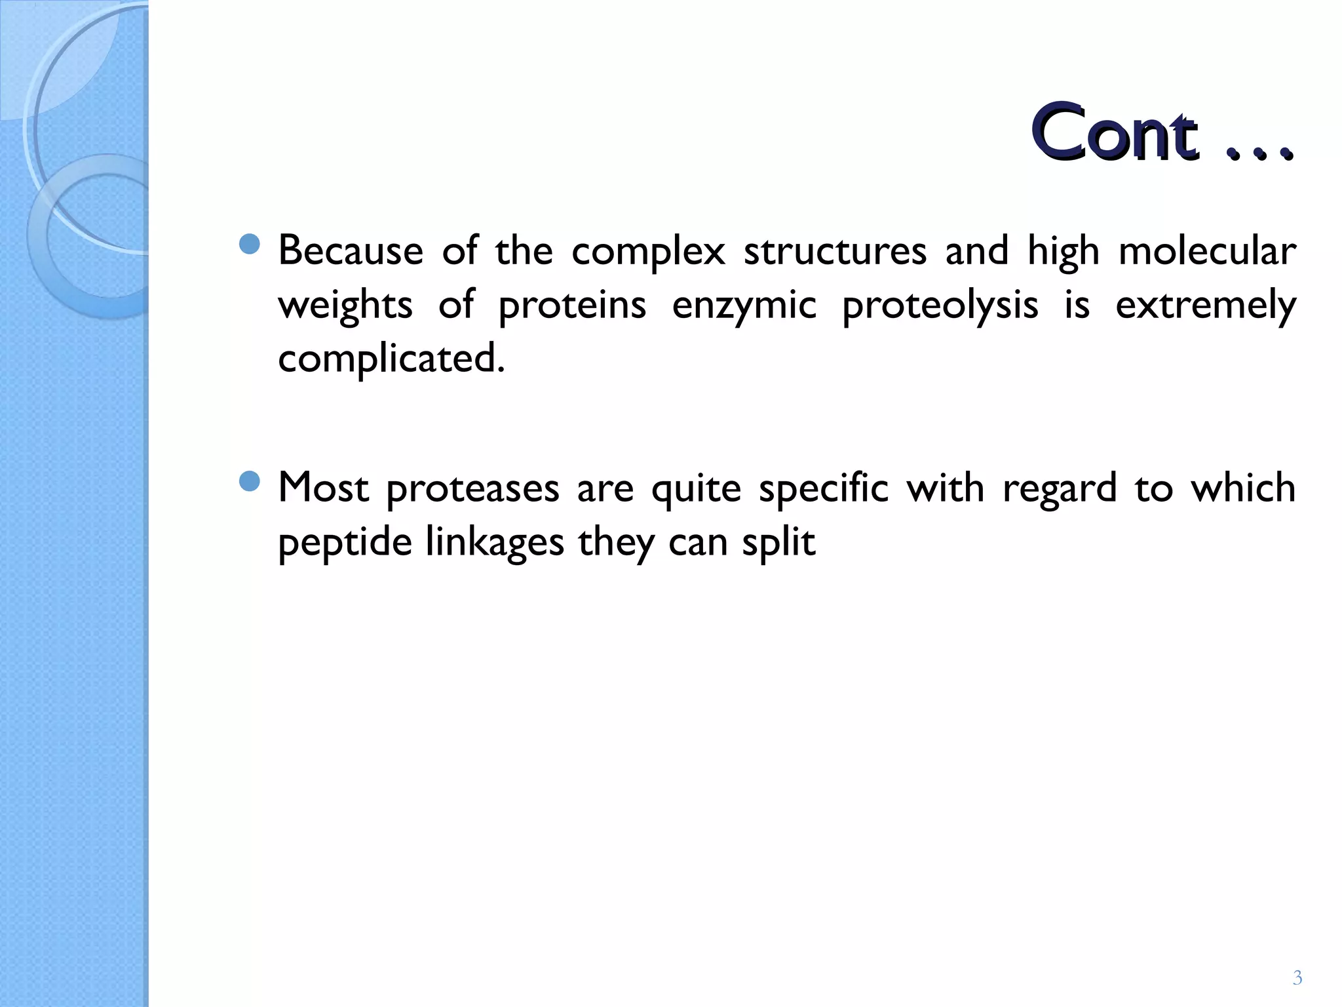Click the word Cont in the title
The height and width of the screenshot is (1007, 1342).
(1114, 133)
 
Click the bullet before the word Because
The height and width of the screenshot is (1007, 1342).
(250, 245)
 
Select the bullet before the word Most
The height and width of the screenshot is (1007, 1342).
(250, 483)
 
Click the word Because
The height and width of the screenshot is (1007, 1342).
(351, 251)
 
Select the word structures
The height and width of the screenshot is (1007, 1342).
(835, 251)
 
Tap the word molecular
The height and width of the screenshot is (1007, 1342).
(1206, 251)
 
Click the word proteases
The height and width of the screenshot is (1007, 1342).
(472, 489)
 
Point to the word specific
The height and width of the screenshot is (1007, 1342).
(823, 489)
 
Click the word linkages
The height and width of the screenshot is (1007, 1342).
(494, 543)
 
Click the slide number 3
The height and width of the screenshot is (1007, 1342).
(1297, 978)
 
